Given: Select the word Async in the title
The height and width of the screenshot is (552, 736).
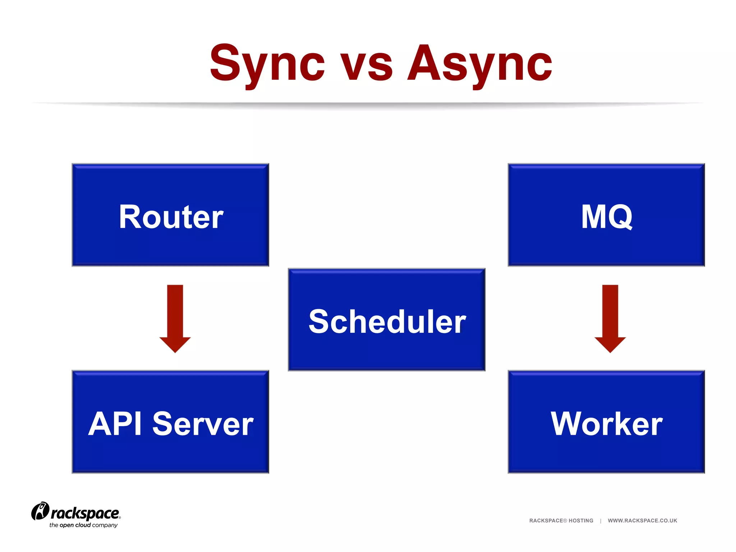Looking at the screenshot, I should pos(480,64).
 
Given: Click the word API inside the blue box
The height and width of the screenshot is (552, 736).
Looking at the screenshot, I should pos(115,424).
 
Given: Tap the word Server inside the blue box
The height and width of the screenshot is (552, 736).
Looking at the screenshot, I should pos(203,424).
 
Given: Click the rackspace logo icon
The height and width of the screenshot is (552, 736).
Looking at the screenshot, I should pos(40,511).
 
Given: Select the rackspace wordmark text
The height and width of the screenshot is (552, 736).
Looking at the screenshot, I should pos(85,513).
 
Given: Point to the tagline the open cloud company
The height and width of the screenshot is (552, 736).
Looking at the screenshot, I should pos(83,525).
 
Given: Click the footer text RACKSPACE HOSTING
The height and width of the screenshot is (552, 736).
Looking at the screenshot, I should pos(561,520).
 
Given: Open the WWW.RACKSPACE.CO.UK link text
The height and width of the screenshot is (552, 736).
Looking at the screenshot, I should pos(642,520).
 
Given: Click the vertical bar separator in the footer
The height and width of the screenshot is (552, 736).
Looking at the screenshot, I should pos(601,520).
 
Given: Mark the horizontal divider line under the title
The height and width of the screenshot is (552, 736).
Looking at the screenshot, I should pos(368,104).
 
